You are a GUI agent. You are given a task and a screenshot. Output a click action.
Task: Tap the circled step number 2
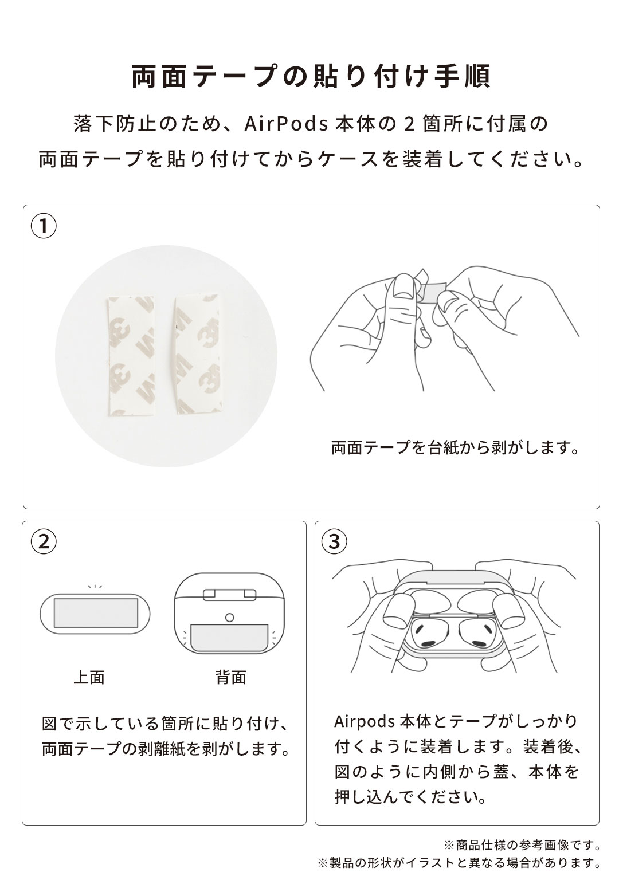(43, 541)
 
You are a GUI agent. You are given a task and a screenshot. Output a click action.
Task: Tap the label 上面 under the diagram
(89, 678)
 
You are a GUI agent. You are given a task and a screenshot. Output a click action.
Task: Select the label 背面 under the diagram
(230, 678)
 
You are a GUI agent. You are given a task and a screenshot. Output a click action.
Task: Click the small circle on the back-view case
(230, 618)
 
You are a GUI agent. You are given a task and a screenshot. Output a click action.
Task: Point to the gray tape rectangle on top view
(96, 614)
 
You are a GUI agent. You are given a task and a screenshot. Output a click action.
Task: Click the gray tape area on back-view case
(230, 637)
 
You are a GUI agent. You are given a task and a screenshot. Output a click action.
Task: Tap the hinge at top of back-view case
(230, 594)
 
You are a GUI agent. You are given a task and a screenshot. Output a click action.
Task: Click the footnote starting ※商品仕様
(522, 845)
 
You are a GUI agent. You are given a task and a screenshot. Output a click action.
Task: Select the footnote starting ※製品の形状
(459, 862)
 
